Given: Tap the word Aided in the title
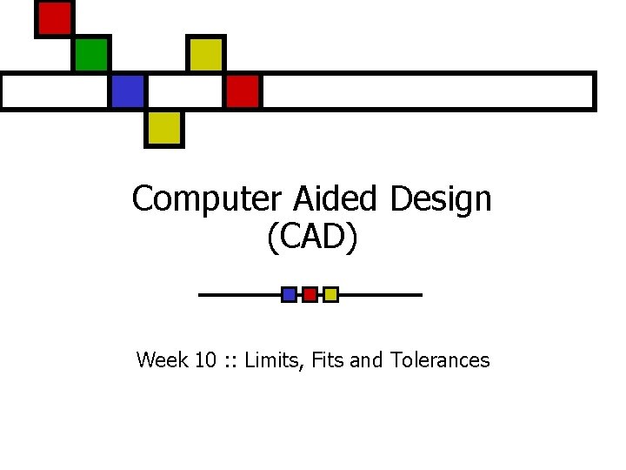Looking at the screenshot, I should coord(335,199).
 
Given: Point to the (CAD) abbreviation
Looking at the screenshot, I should coord(312,238).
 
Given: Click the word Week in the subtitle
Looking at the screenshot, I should coord(161,359).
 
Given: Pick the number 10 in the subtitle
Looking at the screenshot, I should coord(205,359).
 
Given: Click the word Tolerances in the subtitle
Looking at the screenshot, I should coord(440,359).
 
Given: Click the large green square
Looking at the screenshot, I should coord(90,55).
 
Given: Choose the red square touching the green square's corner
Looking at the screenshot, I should coord(54,18).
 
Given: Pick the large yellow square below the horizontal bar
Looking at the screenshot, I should coord(163,128).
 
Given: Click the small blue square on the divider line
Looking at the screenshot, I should coord(289,294).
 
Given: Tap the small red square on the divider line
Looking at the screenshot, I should coord(310,294).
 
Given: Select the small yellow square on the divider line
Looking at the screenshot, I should coord(330,294).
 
